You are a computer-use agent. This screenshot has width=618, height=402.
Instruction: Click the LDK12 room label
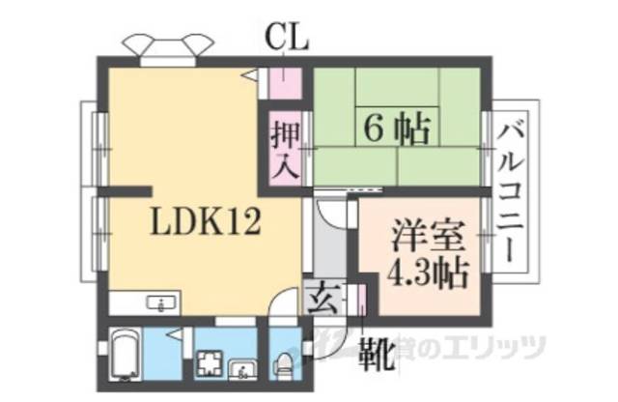205,224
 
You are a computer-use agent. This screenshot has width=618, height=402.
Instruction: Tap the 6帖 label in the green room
397,126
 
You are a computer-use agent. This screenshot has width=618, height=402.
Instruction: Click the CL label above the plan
287,39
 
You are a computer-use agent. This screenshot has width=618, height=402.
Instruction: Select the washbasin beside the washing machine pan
241,366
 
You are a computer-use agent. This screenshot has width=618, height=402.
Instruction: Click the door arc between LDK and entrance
284,304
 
